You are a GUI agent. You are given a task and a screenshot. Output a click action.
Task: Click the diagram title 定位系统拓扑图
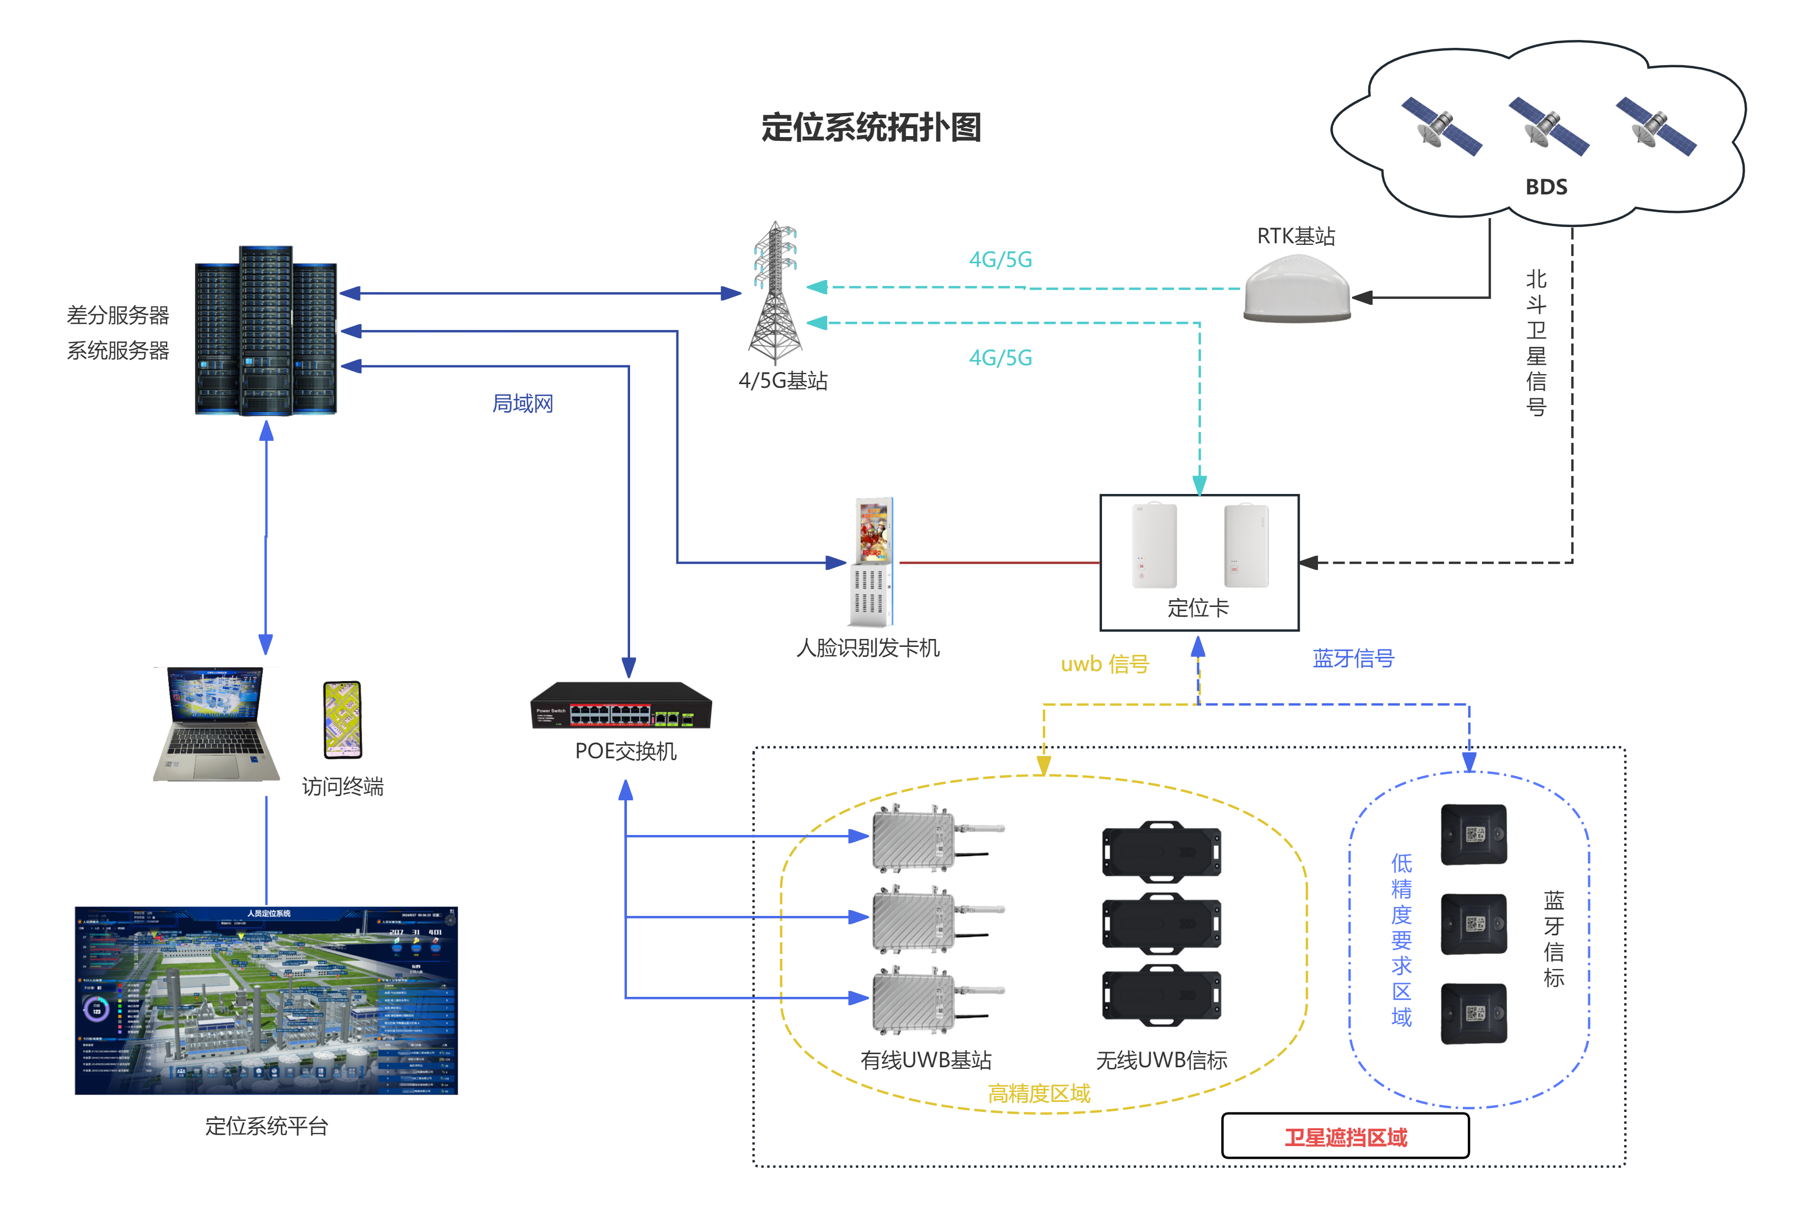click(871, 128)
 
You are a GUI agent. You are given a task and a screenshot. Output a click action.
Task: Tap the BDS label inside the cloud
click(1545, 187)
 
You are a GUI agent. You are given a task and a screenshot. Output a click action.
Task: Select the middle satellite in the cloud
click(1548, 126)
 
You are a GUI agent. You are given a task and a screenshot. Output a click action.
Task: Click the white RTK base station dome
click(1297, 291)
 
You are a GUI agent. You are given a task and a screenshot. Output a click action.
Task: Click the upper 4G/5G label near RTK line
click(1000, 260)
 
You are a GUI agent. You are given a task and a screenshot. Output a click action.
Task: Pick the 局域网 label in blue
click(522, 404)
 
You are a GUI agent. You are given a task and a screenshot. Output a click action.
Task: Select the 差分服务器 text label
click(118, 315)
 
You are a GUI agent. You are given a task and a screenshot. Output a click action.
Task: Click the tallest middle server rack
click(266, 331)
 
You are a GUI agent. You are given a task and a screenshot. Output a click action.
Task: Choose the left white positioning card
click(1154, 545)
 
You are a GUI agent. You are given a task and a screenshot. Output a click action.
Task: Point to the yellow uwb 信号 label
click(1105, 664)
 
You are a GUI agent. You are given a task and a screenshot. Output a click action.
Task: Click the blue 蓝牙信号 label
click(1353, 658)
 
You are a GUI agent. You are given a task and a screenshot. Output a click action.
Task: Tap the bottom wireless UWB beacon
click(1161, 995)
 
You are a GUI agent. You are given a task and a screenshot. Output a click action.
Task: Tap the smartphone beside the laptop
click(342, 720)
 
